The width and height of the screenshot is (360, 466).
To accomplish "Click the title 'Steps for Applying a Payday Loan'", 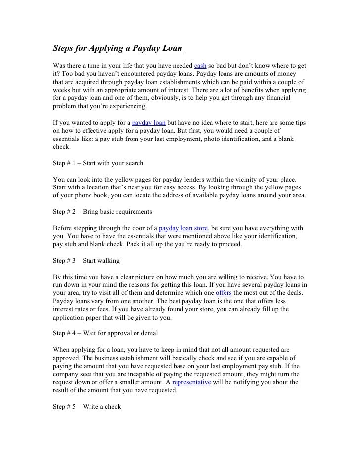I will (118, 49).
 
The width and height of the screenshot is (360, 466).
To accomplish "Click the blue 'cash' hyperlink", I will (200, 65).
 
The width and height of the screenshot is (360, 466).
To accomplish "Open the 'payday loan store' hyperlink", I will (183, 228).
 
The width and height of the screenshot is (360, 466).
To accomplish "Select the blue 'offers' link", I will (224, 292).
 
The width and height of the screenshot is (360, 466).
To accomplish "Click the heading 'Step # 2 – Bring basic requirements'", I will (102, 212).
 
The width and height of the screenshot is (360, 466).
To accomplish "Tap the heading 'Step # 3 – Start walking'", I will (86, 260).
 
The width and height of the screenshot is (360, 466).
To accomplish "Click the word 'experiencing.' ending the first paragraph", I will (125, 107).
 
